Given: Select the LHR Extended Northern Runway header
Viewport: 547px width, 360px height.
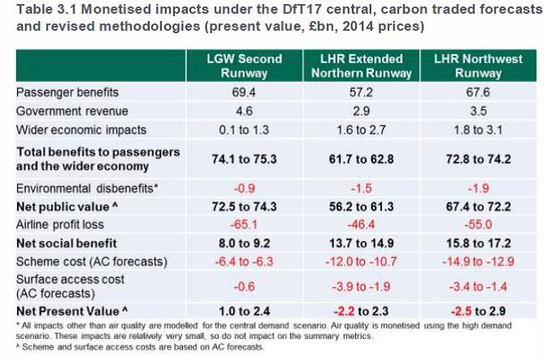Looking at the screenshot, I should pyautogui.click(x=359, y=66).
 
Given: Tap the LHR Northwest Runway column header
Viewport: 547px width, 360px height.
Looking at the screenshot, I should pyautogui.click(x=478, y=66).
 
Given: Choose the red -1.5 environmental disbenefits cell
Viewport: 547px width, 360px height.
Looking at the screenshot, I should pyautogui.click(x=359, y=188).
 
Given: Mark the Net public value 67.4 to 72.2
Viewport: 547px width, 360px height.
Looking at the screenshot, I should pyautogui.click(x=478, y=206).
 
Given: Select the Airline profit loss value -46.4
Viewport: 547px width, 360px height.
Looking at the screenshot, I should pyautogui.click(x=359, y=224).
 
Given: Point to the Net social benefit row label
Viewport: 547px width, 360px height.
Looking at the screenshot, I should pyautogui.click(x=67, y=242).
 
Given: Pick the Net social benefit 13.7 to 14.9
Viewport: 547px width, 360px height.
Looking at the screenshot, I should pyautogui.click(x=359, y=242).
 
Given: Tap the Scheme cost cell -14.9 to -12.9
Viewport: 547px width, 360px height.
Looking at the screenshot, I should pyautogui.click(x=478, y=260).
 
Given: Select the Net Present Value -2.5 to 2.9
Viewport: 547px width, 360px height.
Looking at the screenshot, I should pyautogui.click(x=478, y=310).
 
